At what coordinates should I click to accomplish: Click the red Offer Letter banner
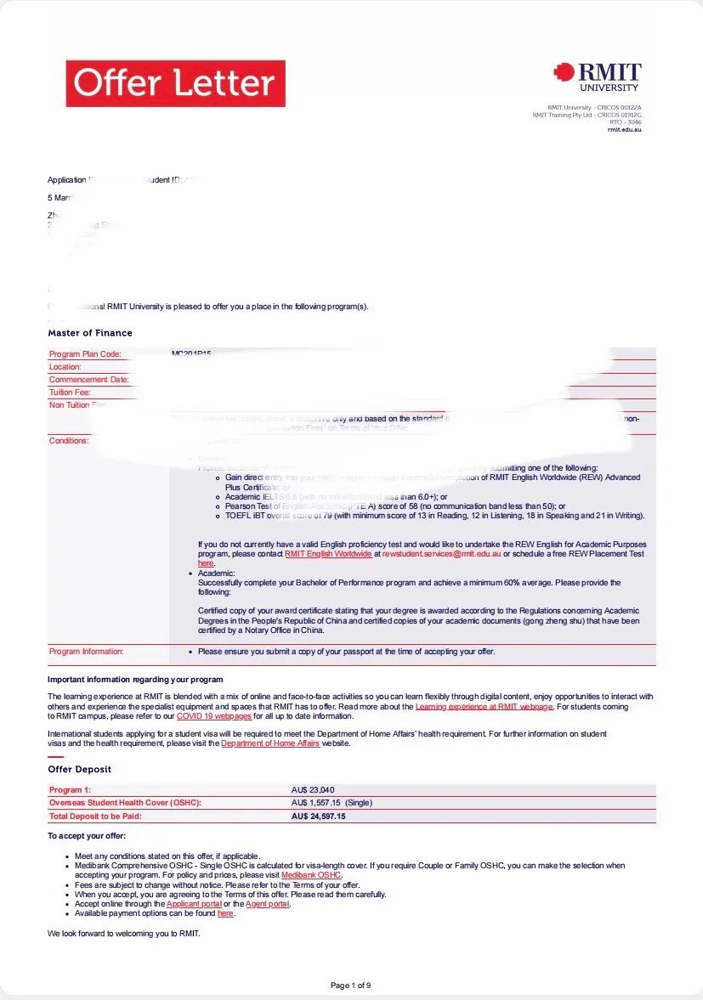175,83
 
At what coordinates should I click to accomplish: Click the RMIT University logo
597,77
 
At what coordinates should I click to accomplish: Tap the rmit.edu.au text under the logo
625,129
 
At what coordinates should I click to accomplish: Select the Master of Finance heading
90,333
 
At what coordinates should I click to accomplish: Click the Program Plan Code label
85,354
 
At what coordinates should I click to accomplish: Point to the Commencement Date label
89,380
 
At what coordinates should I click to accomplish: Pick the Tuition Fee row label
70,393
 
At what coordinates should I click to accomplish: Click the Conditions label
69,441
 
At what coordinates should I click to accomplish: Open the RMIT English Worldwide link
328,554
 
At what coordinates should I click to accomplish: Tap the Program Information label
87,652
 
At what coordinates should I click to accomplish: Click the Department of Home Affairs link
270,743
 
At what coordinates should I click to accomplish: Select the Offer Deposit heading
79,769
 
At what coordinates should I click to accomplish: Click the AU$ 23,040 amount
319,790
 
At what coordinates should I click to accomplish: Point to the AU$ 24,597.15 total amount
319,816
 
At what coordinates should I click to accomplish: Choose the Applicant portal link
195,904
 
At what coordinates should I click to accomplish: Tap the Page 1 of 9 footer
350,986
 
